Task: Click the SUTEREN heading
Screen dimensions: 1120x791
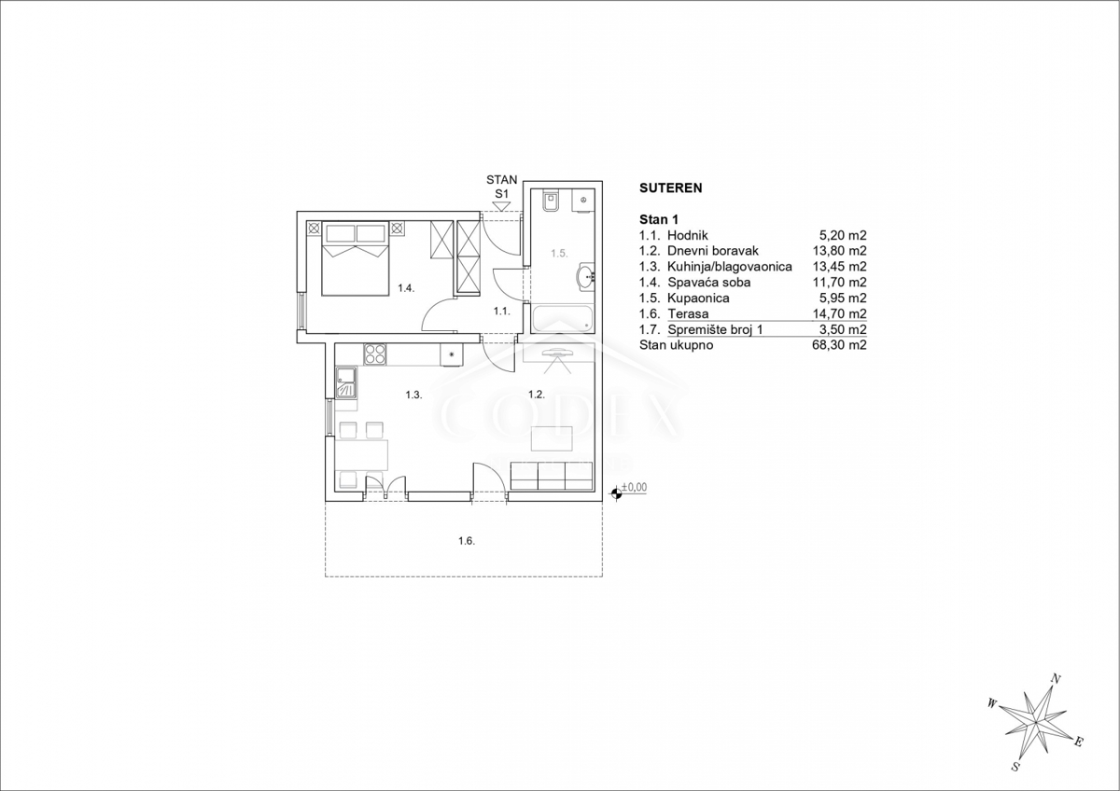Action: (670, 187)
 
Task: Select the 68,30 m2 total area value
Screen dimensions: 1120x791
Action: (839, 345)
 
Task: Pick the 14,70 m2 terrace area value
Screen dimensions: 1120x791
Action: (839, 313)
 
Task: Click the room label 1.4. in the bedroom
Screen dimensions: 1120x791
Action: (406, 288)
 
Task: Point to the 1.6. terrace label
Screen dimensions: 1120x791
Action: (467, 541)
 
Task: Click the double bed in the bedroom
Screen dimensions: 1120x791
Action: (355, 258)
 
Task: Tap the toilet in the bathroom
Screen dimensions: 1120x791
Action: (551, 201)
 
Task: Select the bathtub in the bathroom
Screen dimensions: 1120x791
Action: (563, 318)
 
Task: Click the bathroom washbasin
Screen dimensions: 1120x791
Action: (586, 276)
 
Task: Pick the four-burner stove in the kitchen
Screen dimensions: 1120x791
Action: (375, 354)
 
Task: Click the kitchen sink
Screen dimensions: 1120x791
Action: (346, 382)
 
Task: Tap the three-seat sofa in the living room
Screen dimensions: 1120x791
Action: (552, 476)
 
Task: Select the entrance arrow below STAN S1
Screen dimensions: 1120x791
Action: (501, 206)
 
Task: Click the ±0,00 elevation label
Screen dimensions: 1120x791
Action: (634, 487)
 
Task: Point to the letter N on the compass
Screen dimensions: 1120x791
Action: (1056, 679)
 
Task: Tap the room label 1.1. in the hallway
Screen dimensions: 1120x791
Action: (501, 312)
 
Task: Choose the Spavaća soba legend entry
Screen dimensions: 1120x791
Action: (709, 283)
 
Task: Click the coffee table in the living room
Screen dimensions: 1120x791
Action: (552, 438)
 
